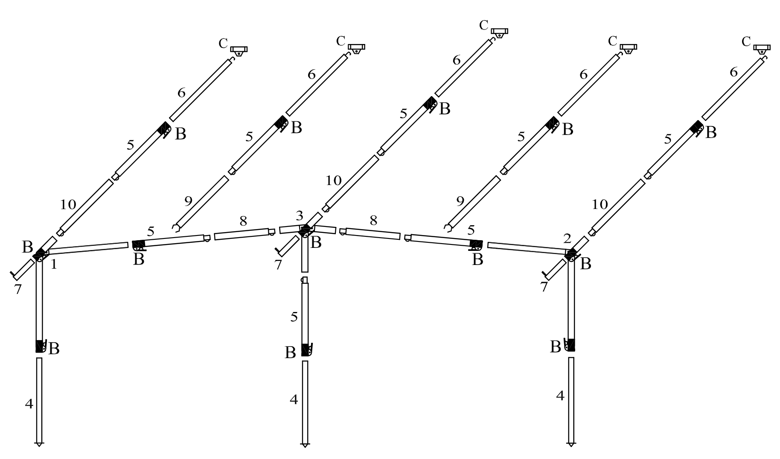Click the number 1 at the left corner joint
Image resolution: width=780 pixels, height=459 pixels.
click(x=54, y=265)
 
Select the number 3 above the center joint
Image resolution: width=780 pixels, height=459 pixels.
click(x=300, y=215)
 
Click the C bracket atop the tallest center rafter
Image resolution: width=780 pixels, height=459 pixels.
click(x=499, y=32)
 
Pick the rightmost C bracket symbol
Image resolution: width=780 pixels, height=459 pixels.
click(x=762, y=48)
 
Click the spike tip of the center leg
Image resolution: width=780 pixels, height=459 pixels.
click(x=305, y=445)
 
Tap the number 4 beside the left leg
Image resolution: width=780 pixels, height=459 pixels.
click(x=29, y=403)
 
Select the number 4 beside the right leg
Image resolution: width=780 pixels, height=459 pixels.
click(x=560, y=396)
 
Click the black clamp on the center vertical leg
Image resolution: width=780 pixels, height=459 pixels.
click(x=305, y=350)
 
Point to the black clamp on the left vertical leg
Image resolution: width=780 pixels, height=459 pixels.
click(x=41, y=346)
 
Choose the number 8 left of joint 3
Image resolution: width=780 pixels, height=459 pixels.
click(x=243, y=221)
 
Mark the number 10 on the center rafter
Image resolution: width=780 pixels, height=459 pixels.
click(x=334, y=180)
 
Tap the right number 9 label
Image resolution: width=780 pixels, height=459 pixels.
click(x=460, y=201)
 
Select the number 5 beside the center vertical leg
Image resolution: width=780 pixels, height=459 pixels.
click(x=294, y=317)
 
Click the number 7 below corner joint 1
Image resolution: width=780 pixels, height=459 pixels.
click(x=17, y=289)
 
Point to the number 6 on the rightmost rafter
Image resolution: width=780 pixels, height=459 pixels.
click(x=733, y=72)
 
